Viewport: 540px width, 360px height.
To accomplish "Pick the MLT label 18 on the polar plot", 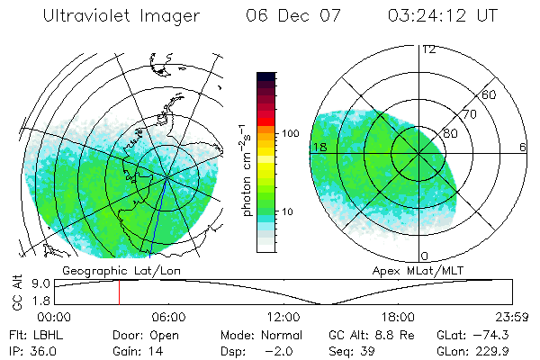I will point(319,146).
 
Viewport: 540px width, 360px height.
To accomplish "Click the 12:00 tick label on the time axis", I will point(283,317).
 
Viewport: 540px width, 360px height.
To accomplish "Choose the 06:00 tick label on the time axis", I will point(168,317).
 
